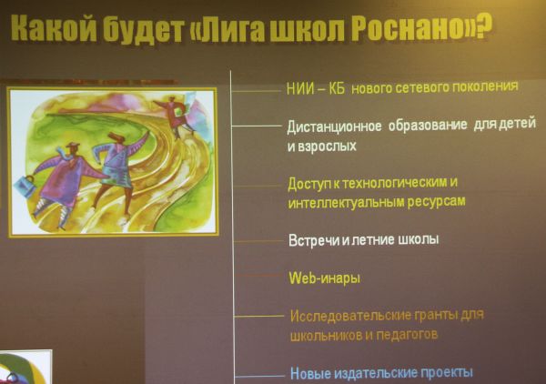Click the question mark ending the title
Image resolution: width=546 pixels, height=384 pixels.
point(484,26)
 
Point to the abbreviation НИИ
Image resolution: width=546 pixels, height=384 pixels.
point(299,89)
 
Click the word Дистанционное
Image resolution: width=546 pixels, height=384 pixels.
point(334,126)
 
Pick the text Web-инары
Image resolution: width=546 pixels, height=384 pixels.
point(324,278)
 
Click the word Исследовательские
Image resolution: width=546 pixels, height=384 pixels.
point(350,316)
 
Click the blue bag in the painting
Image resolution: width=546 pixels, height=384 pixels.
point(24,187)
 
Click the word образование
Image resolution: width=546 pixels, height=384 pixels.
point(428,126)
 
